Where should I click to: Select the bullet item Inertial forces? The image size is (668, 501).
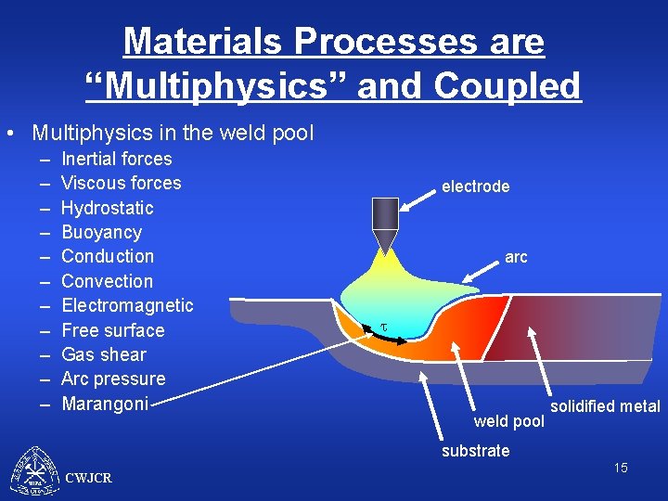pyautogui.click(x=116, y=159)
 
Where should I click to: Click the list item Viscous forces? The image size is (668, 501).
pyautogui.click(x=121, y=183)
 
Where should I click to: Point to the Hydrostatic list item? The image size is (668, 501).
pyautogui.click(x=107, y=208)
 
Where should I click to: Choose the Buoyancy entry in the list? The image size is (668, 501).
pyautogui.click(x=101, y=232)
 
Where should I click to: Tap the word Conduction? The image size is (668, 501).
pyautogui.click(x=107, y=256)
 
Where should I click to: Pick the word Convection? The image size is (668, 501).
pyautogui.click(x=107, y=281)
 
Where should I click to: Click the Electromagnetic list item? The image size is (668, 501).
pyautogui.click(x=127, y=305)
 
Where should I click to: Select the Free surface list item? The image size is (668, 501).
pyautogui.click(x=112, y=330)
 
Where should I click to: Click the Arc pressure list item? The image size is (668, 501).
pyautogui.click(x=112, y=379)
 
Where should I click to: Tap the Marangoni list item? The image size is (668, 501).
pyautogui.click(x=104, y=404)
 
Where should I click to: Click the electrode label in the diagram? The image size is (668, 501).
pyautogui.click(x=475, y=186)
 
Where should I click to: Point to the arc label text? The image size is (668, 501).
pyautogui.click(x=516, y=257)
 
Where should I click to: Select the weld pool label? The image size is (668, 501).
pyautogui.click(x=508, y=422)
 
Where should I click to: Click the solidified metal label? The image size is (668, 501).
pyautogui.click(x=605, y=406)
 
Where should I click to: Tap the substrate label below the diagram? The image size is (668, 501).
pyautogui.click(x=475, y=451)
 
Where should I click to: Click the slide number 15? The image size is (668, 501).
pyautogui.click(x=620, y=468)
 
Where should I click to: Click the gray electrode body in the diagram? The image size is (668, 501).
pyautogui.click(x=384, y=214)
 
